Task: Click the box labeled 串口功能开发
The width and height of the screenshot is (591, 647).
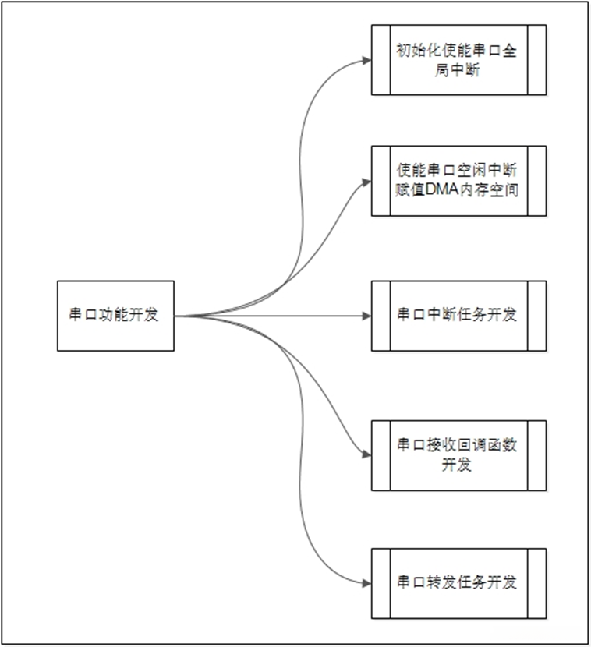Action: pos(115,316)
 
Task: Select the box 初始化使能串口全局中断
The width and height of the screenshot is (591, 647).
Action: pos(458,59)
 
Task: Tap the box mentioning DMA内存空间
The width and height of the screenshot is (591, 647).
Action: pos(458,180)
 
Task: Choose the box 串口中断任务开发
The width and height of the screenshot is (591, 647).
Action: pos(458,316)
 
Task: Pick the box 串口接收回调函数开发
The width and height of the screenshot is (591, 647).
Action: pos(458,455)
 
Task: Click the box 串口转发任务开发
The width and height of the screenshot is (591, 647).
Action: pos(458,582)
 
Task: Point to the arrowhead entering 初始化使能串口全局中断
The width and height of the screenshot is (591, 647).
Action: pos(366,59)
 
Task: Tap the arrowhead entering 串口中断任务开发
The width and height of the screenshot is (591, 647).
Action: pos(366,316)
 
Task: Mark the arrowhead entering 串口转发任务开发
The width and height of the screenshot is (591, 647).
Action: pos(366,582)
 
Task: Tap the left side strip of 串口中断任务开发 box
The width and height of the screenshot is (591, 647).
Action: pos(380,316)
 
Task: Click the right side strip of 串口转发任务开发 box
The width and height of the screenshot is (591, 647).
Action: pos(536,582)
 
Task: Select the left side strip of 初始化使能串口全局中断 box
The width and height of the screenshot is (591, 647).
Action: pos(380,59)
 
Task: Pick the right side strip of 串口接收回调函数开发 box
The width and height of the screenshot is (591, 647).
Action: pos(536,455)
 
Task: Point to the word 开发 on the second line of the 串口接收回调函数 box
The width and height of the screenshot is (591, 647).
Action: pos(458,465)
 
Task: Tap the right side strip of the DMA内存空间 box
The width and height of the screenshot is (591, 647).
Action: pos(536,180)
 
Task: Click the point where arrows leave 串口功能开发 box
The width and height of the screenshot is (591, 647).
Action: pos(175,316)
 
